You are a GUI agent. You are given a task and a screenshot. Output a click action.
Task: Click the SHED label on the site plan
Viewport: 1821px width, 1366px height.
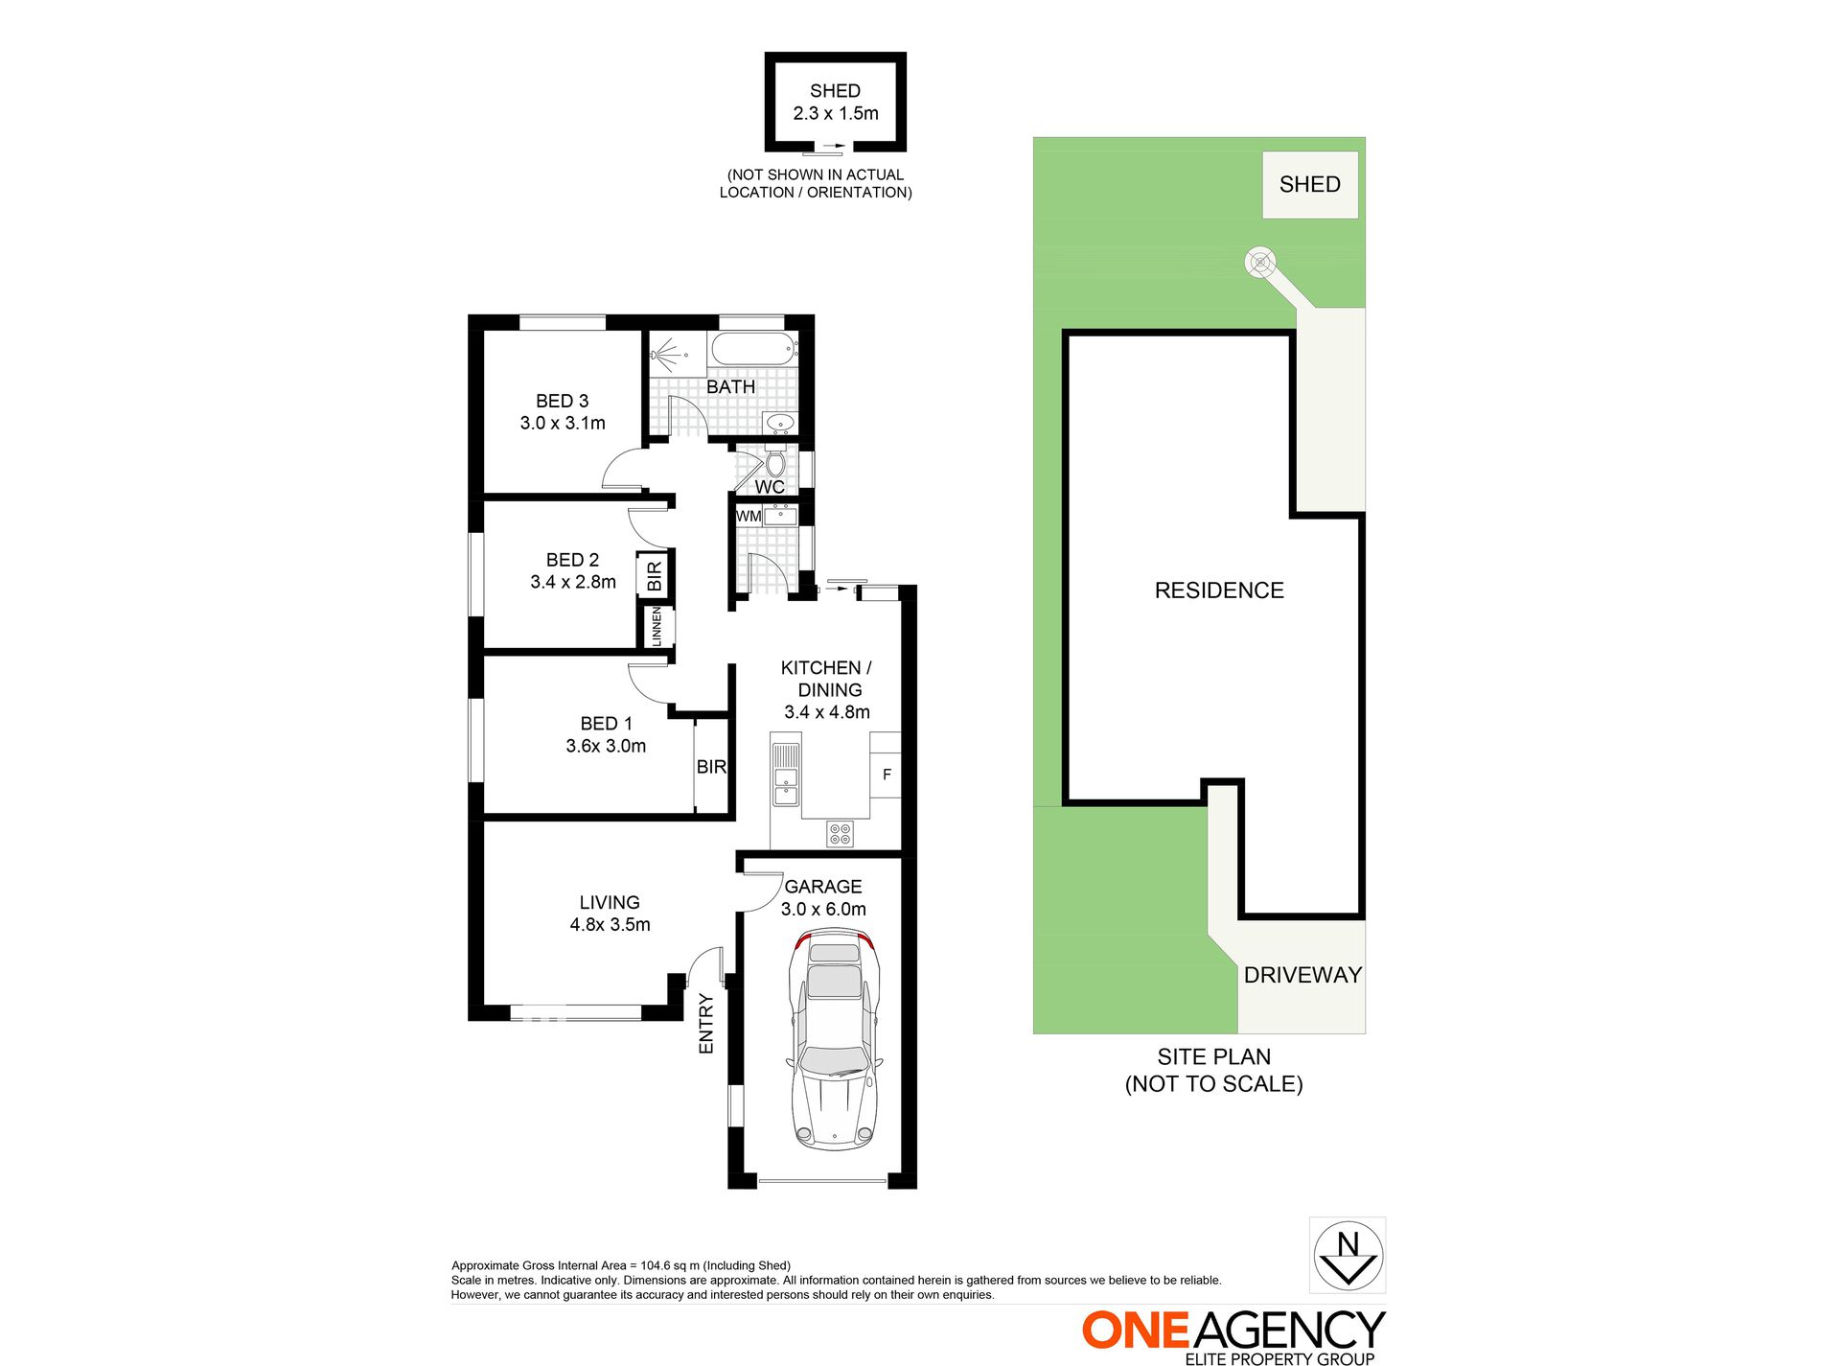(x=1309, y=184)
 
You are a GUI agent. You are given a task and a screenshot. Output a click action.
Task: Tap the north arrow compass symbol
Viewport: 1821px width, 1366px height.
(x=1348, y=1256)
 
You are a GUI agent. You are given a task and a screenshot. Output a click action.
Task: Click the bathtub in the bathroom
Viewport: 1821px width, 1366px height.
(x=753, y=349)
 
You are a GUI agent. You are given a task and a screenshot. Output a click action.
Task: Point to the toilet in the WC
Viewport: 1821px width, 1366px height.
(x=775, y=464)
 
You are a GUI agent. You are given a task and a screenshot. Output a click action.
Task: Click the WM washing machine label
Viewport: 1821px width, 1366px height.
(x=749, y=517)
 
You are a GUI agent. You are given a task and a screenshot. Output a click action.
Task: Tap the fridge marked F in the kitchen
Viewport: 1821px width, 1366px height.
(x=887, y=775)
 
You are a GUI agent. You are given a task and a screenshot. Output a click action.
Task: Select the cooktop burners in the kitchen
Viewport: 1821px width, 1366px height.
(x=840, y=834)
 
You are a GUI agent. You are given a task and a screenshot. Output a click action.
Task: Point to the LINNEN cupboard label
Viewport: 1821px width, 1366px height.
(x=657, y=627)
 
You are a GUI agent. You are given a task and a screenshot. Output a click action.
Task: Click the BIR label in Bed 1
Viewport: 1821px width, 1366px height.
(x=711, y=767)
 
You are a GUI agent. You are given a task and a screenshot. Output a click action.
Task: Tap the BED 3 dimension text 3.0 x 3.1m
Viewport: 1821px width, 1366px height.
(x=563, y=423)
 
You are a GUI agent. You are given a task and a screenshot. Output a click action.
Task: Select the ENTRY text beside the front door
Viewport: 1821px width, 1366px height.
(x=706, y=1024)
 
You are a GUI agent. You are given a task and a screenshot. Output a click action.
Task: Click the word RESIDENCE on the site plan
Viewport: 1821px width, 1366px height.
(x=1219, y=590)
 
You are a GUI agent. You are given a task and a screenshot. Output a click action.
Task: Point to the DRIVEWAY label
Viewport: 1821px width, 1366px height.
(x=1302, y=975)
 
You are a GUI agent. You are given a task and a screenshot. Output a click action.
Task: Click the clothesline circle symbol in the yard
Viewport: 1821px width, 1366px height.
(x=1259, y=262)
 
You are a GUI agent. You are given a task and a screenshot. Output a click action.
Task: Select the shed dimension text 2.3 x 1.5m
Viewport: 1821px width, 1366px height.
(x=836, y=113)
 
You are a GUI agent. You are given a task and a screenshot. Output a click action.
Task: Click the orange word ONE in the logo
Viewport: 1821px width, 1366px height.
(x=1136, y=1331)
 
